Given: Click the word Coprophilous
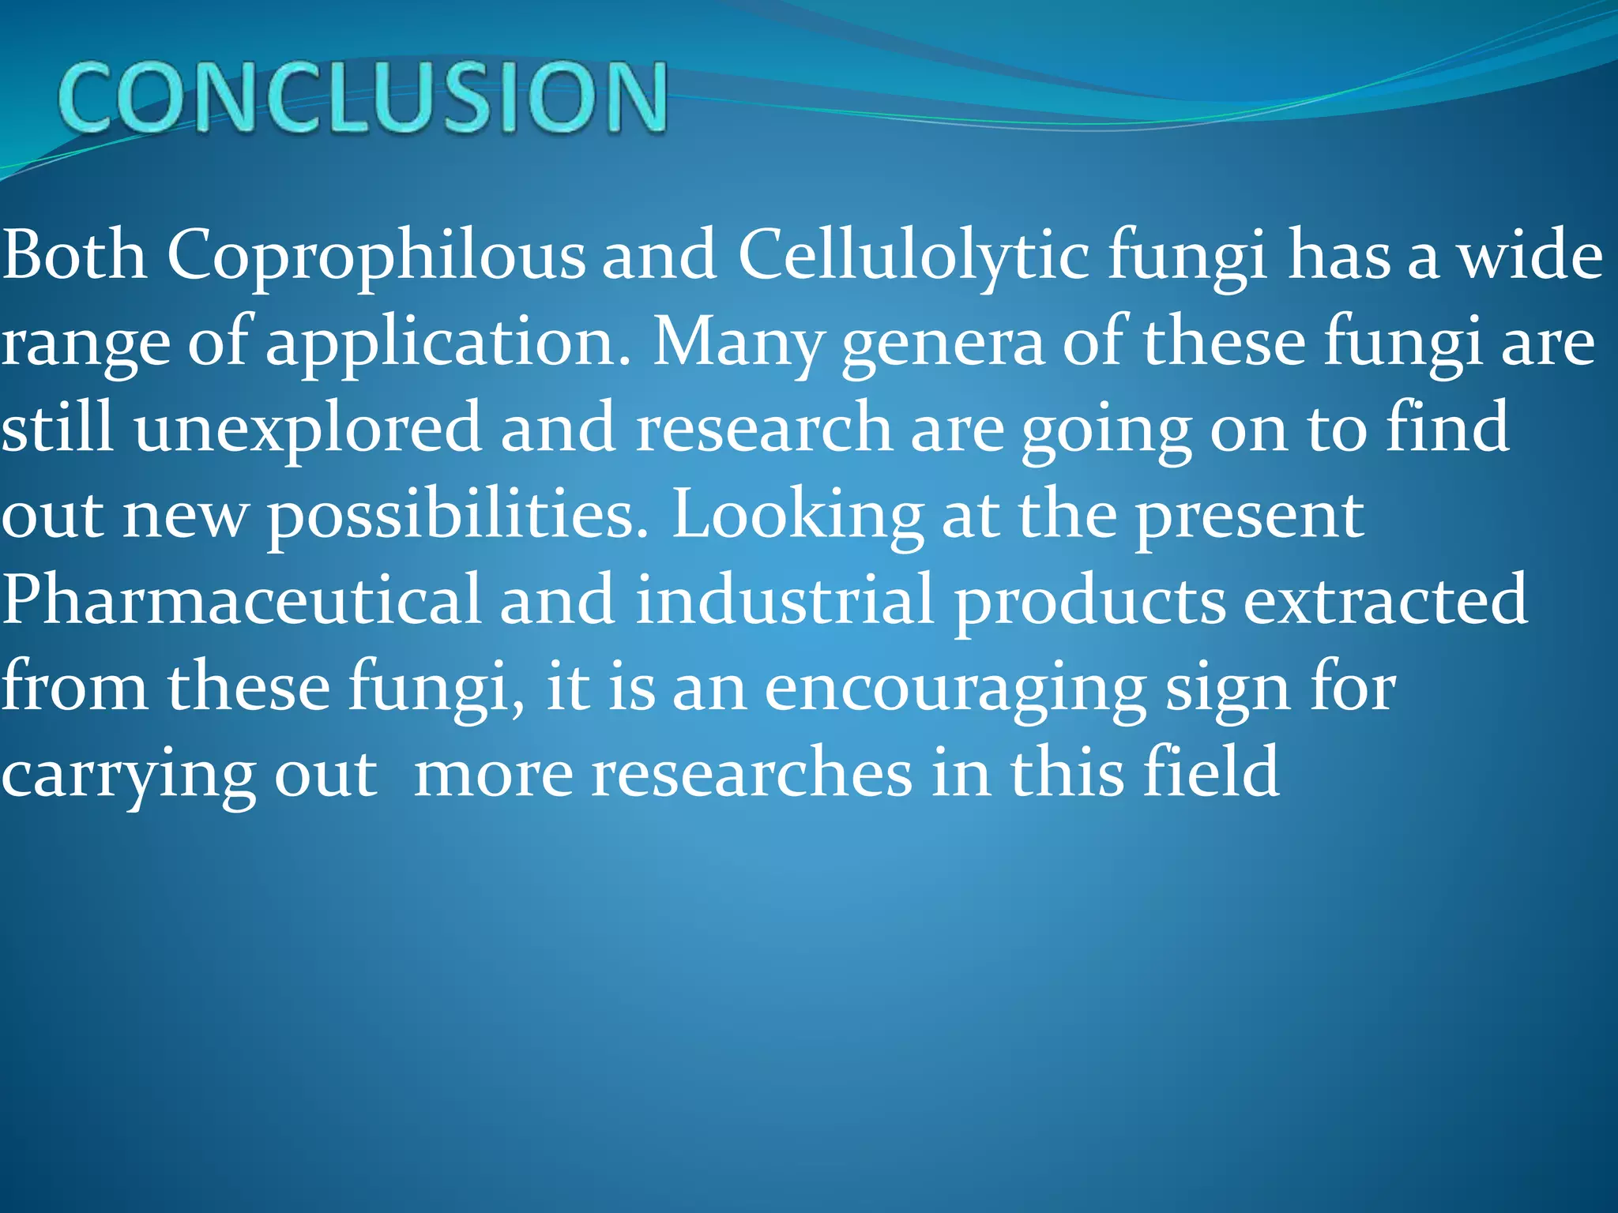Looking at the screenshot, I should coord(375,255).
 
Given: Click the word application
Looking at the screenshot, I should coord(448,342).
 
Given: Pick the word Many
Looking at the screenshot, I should coord(736,342).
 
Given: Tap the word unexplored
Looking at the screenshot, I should coord(308,428).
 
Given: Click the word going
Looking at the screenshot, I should coord(1106,428).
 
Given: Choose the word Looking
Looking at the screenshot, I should coord(797,515).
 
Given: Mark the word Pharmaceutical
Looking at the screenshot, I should coord(241,600).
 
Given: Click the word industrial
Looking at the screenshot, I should coord(785,600).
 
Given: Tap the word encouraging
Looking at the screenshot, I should coord(955,687).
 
